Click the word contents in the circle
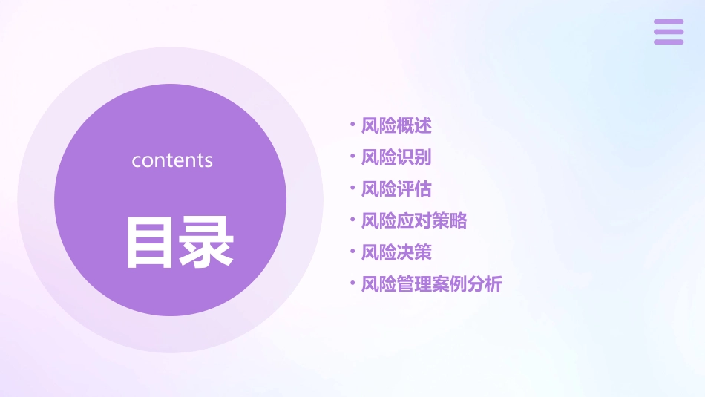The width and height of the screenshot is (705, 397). [172, 160]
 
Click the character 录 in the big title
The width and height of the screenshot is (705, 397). [206, 242]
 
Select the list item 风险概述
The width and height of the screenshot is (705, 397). [396, 125]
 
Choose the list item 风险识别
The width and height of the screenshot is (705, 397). [396, 157]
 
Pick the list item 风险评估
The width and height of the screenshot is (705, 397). [396, 189]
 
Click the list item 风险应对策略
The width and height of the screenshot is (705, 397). [414, 221]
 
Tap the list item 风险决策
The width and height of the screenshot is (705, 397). [396, 253]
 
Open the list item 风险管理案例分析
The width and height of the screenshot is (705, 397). [431, 284]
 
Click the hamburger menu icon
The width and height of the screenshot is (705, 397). [669, 32]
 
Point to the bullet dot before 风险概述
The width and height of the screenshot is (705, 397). [352, 125]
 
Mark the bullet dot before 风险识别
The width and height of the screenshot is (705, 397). [352, 157]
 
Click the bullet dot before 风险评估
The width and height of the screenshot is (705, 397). [352, 188]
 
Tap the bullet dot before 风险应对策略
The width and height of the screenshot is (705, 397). [352, 220]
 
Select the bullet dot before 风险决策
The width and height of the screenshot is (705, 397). [352, 252]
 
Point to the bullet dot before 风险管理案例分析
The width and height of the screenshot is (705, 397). [352, 283]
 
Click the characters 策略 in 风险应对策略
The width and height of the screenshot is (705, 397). [450, 221]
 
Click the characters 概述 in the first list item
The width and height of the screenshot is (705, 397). [414, 125]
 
